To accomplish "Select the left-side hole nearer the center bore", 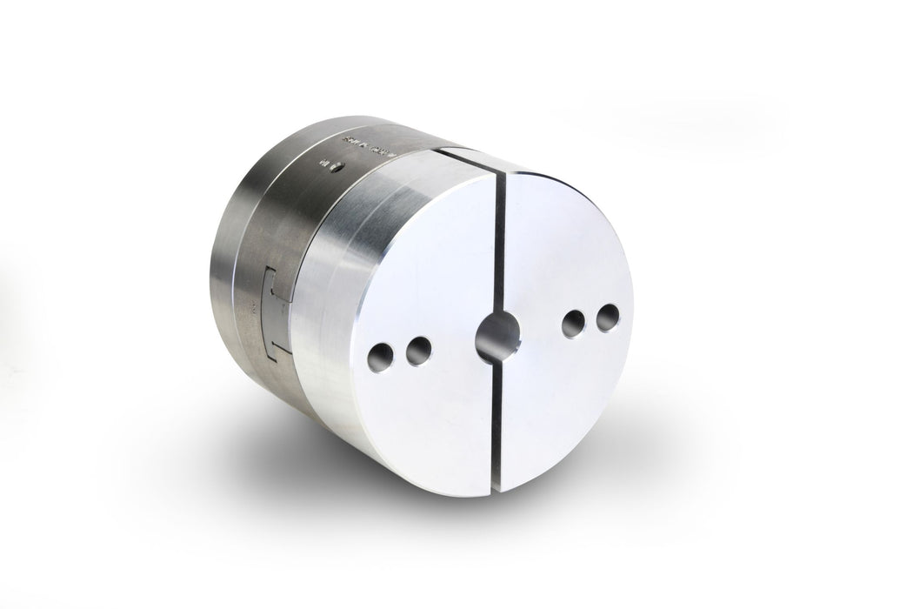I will (419, 350).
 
